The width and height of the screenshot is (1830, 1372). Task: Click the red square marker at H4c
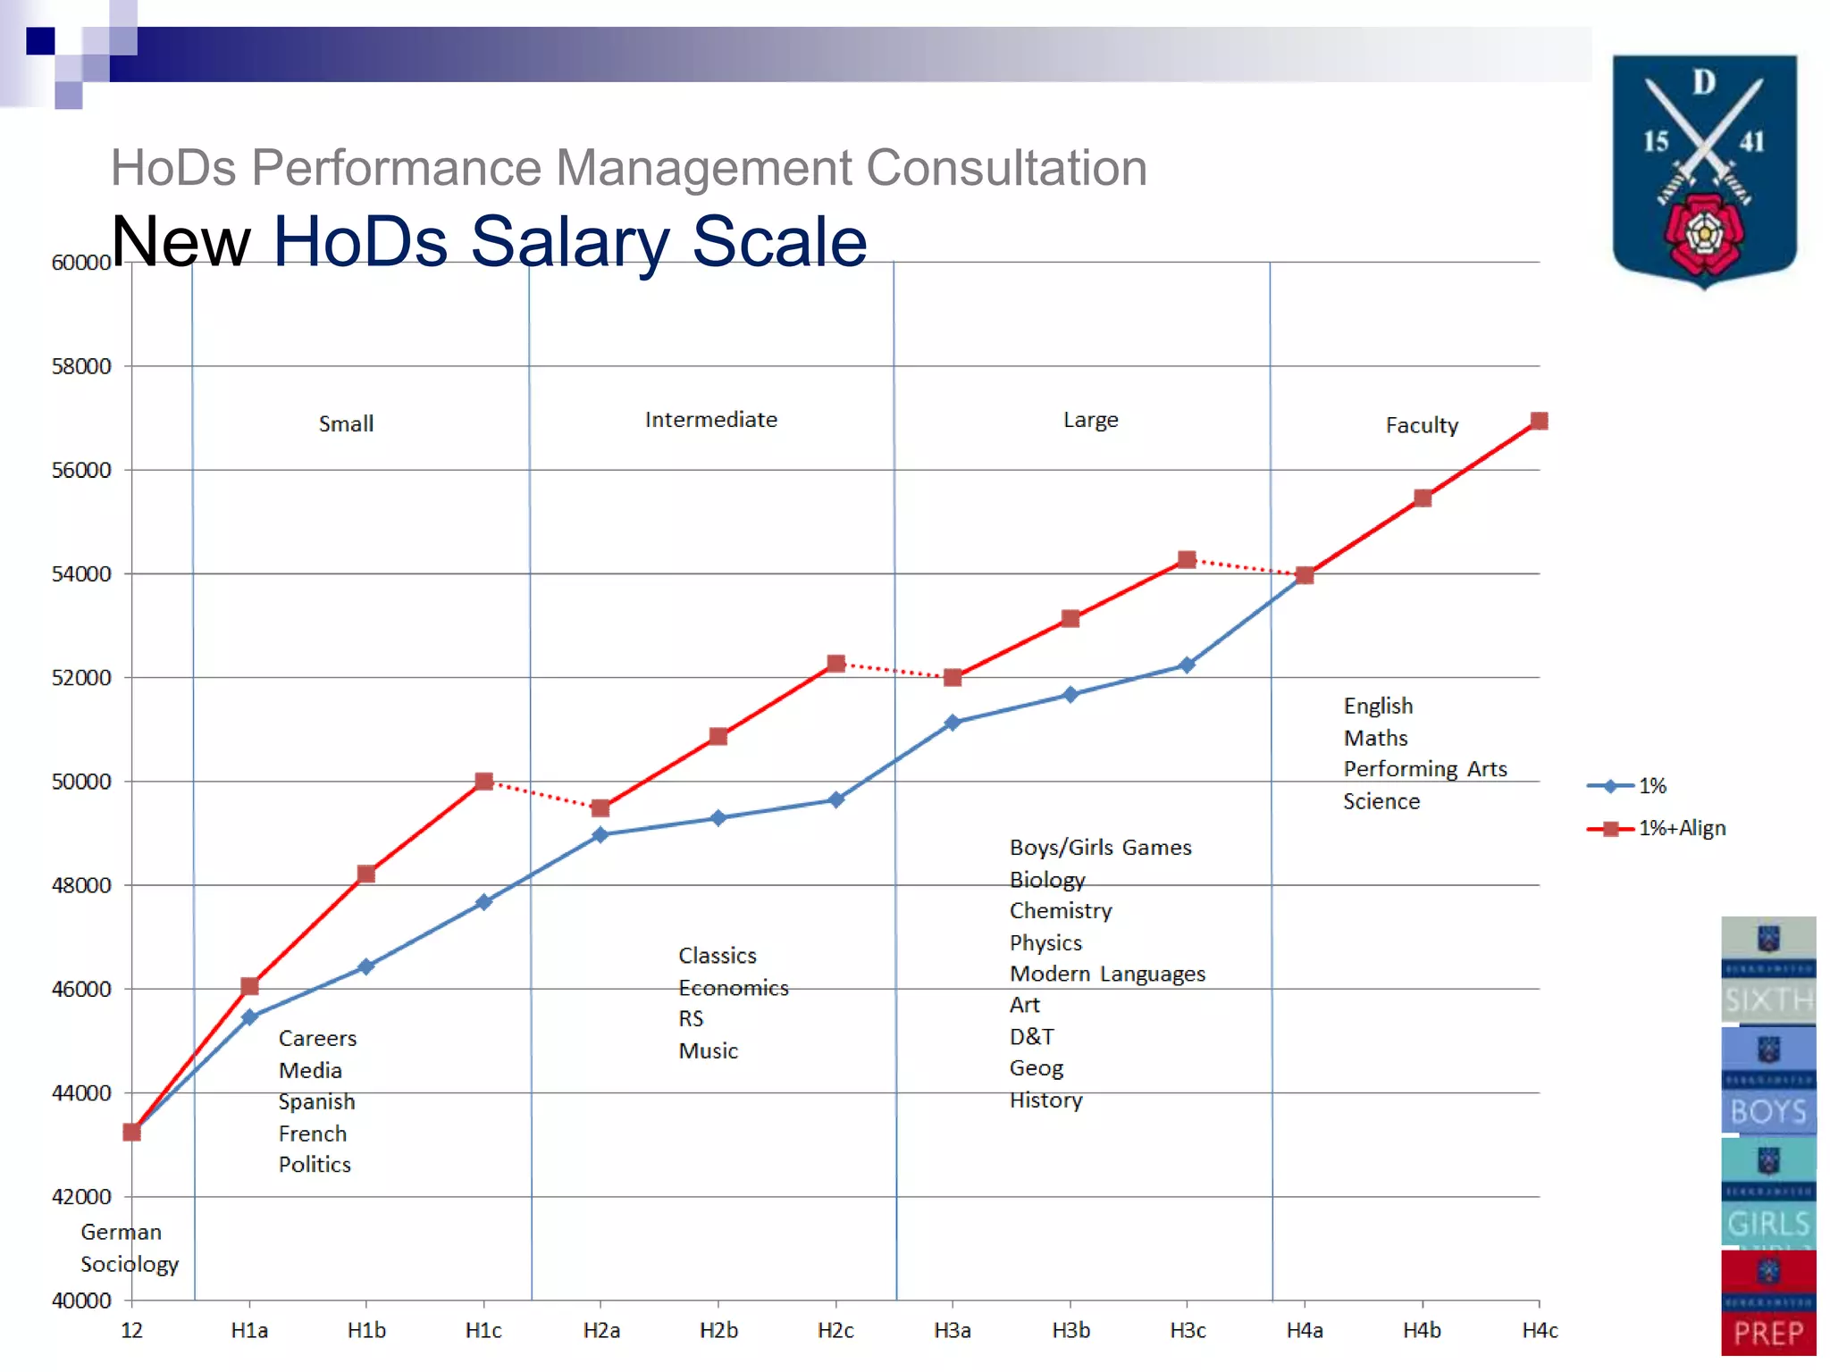(x=1539, y=421)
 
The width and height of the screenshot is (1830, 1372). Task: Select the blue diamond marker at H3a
(x=953, y=722)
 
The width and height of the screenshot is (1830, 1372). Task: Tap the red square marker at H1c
(x=483, y=782)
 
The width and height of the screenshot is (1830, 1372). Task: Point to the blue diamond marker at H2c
(x=835, y=799)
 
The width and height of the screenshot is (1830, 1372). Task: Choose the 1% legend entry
(x=1627, y=786)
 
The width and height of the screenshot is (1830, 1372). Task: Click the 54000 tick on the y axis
(x=81, y=573)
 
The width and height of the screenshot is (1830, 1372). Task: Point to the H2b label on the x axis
(x=718, y=1330)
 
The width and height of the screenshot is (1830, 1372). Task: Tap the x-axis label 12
(x=131, y=1330)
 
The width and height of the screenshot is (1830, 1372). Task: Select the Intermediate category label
(x=710, y=420)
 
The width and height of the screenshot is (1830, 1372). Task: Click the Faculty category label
(x=1421, y=425)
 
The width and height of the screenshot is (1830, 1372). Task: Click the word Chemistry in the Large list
(x=1061, y=910)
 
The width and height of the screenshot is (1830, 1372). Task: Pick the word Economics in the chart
(x=733, y=988)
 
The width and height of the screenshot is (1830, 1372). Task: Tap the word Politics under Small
(x=315, y=1164)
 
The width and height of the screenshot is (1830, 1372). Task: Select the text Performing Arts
(x=1424, y=769)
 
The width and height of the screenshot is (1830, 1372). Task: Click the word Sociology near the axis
(x=130, y=1264)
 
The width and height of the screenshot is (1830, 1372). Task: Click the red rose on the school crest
(x=1704, y=234)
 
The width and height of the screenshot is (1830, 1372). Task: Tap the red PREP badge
(x=1767, y=1303)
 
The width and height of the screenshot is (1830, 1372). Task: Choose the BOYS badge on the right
(x=1767, y=1080)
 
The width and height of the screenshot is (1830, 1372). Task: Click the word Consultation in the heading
(x=1006, y=167)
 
